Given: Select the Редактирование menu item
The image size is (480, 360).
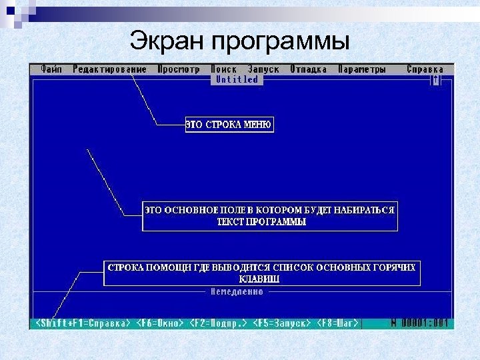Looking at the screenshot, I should coord(110,69).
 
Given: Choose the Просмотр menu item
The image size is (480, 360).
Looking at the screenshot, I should coord(179,69).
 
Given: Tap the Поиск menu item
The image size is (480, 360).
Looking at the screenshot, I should coord(224,69).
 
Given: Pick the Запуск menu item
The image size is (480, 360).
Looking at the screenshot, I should coord(263,69).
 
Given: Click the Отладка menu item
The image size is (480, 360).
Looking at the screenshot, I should coord(308,69).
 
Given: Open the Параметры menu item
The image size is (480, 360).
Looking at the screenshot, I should coord(361,69).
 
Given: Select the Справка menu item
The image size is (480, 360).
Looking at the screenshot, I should coord(425,69).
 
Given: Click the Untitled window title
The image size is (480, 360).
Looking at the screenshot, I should coord(237,79).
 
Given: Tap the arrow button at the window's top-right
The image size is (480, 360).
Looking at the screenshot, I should coord(436,79).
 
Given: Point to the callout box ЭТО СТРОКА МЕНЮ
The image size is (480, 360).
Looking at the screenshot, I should coord(229,125).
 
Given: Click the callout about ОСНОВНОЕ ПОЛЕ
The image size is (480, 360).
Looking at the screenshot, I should coord(269,215).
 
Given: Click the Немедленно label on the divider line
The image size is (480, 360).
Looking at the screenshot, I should coord(237,292).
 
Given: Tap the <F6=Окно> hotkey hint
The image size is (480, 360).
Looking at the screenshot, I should coord(159,323).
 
